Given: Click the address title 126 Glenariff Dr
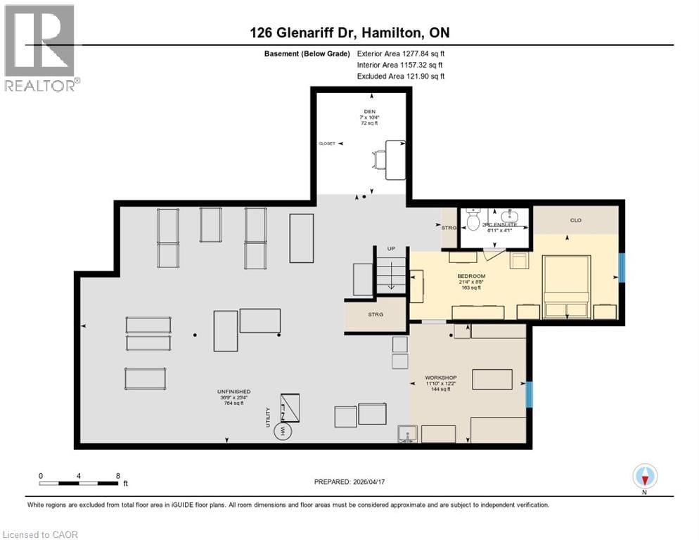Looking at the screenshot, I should [349, 32].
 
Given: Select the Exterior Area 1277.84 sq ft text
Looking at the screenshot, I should [401, 53].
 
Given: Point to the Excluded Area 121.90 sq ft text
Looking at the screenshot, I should [401, 76].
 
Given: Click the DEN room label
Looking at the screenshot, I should [360, 110].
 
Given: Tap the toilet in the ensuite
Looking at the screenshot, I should [473, 220].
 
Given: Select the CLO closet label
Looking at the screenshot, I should [575, 220].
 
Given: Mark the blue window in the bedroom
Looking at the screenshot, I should [621, 268].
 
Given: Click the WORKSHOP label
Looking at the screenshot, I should [440, 378].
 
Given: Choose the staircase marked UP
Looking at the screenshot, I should [392, 273].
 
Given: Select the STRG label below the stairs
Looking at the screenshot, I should [376, 314].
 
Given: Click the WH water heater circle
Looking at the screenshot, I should [284, 430].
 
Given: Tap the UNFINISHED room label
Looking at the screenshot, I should [234, 391].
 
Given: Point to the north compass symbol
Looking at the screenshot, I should [644, 477].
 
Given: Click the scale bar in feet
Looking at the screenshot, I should [79, 482].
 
